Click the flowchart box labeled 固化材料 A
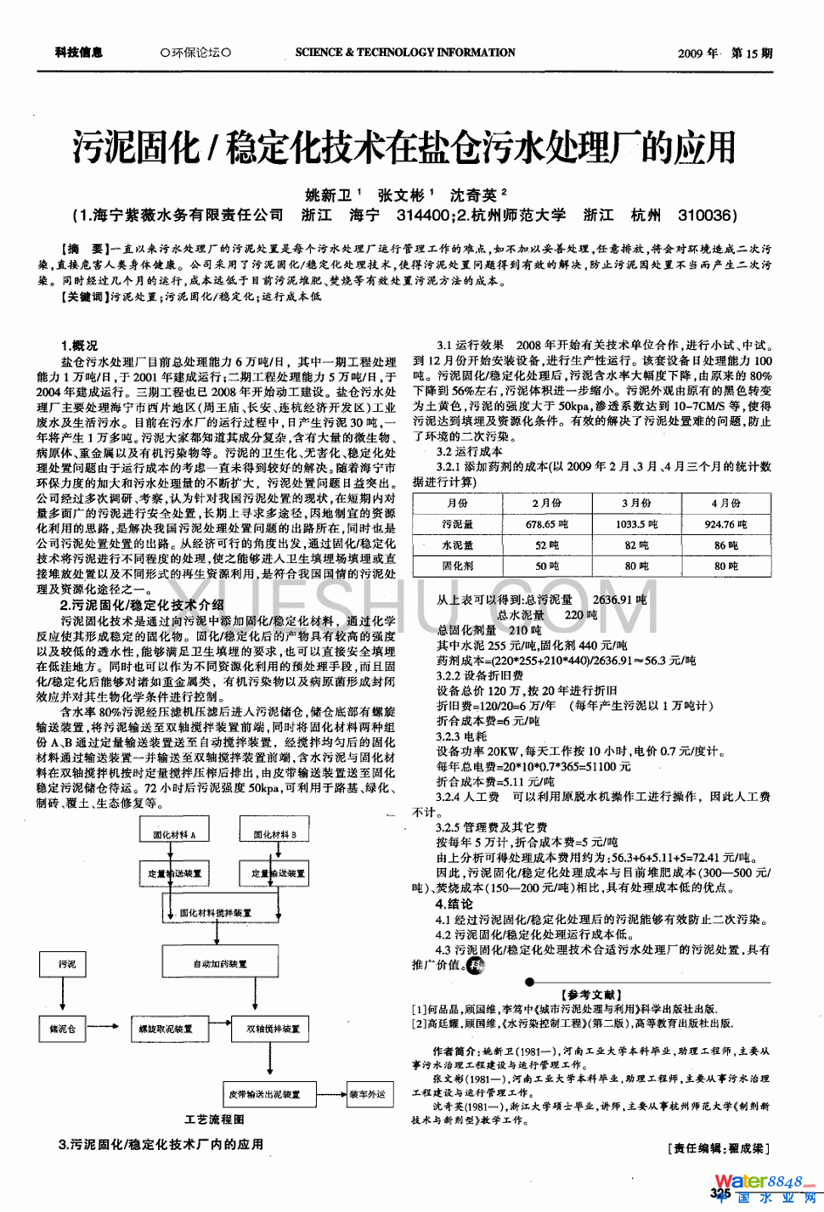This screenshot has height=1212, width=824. click(174, 833)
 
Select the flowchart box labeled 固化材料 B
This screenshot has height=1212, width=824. click(275, 833)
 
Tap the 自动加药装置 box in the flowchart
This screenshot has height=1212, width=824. click(220, 963)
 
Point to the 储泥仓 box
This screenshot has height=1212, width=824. click(63, 1029)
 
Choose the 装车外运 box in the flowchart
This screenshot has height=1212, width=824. click(367, 1094)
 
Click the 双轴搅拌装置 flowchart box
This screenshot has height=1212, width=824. click(274, 1029)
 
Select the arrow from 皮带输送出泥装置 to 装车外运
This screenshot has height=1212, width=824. click(331, 1094)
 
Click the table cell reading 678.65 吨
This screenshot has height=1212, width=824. click(546, 525)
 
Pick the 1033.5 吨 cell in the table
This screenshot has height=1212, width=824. click(636, 525)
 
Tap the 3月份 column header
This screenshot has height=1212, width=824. click(636, 503)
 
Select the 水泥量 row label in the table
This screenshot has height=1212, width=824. click(457, 545)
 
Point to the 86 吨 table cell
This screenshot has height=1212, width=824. click(726, 545)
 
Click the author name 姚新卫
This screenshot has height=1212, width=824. click(329, 195)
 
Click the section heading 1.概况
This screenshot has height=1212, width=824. click(79, 346)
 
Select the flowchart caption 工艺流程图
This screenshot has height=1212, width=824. click(215, 1119)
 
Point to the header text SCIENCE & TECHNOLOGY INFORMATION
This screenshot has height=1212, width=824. click(405, 53)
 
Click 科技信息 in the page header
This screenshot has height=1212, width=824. click(79, 53)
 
